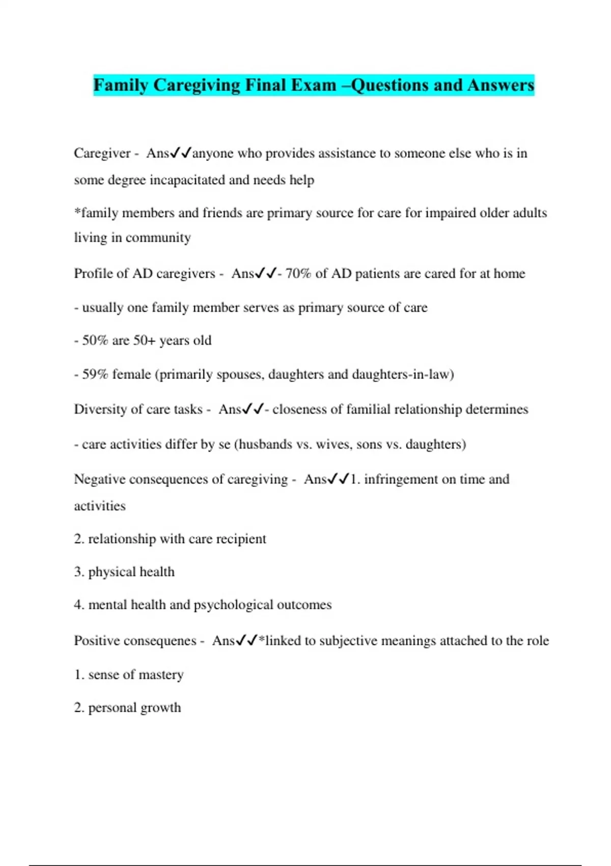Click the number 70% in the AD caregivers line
(298, 274)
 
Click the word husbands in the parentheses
(265, 444)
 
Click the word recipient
(241, 539)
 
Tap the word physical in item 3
(112, 572)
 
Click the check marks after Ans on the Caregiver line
(181, 153)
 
